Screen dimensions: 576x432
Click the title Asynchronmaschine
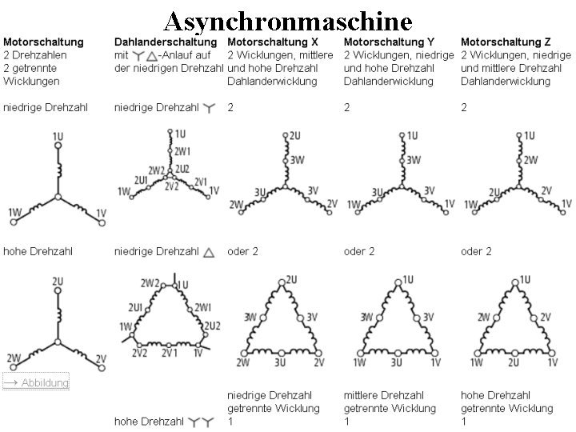coord(287,19)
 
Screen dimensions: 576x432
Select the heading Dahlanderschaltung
coord(166,41)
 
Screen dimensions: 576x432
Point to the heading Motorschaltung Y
coord(389,41)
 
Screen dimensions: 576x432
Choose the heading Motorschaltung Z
coord(506,41)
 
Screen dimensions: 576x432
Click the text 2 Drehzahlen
coord(35,54)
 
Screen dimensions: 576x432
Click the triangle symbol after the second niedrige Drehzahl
coord(208,252)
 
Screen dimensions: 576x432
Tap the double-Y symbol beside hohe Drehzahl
coord(199,421)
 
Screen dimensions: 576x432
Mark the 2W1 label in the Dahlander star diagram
coord(183,150)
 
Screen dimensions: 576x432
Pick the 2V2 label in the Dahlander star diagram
coord(172,186)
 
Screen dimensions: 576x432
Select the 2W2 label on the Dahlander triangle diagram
coord(150,283)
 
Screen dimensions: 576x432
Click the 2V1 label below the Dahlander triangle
coord(170,353)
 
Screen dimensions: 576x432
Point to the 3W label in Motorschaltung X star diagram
coord(297,160)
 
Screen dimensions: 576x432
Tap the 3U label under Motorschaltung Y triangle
coord(396,363)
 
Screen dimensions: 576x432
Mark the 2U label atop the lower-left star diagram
coord(58,282)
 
